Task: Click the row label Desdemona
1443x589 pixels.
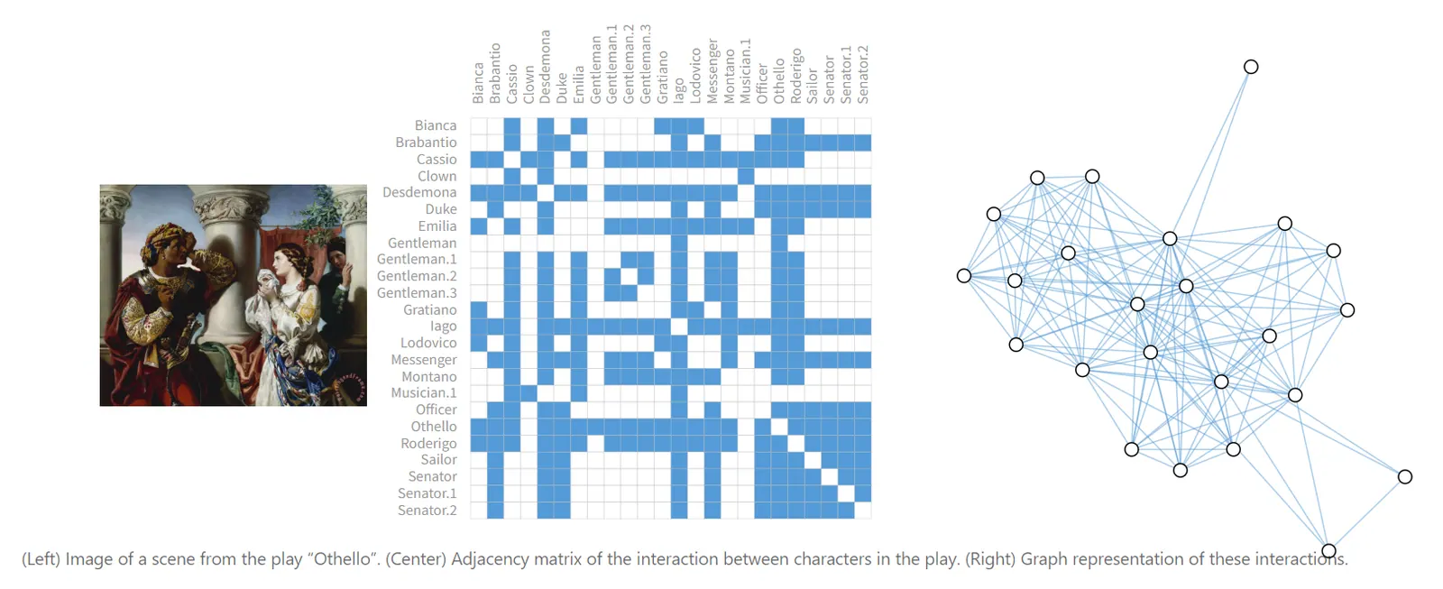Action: pyautogui.click(x=418, y=192)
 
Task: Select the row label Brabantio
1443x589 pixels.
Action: pyautogui.click(x=426, y=143)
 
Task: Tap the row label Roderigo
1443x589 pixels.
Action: pyautogui.click(x=428, y=443)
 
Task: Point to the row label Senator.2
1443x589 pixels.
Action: pyautogui.click(x=427, y=511)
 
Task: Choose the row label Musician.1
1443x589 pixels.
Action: pyautogui.click(x=423, y=393)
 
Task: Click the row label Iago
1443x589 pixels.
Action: pyautogui.click(x=443, y=327)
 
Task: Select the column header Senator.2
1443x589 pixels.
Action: pyautogui.click(x=863, y=75)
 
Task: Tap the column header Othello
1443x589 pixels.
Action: pyautogui.click(x=779, y=81)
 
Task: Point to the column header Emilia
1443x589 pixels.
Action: pyautogui.click(x=579, y=84)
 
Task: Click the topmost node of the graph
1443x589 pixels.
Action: pyautogui.click(x=1251, y=67)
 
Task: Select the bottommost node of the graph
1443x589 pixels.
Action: pyautogui.click(x=1328, y=550)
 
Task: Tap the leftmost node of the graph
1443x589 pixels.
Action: pyautogui.click(x=964, y=275)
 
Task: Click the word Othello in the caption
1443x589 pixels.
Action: pyautogui.click(x=342, y=559)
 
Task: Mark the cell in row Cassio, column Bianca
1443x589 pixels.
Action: pyautogui.click(x=479, y=160)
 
